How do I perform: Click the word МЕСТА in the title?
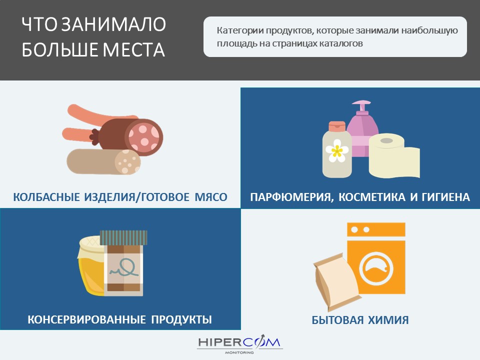click(x=134, y=49)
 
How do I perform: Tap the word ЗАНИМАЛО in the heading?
click(x=113, y=24)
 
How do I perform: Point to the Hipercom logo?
click(x=239, y=344)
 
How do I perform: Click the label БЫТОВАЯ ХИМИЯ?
click(x=360, y=320)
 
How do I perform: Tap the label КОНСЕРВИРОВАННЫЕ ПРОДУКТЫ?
click(x=119, y=319)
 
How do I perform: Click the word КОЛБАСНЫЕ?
click(x=46, y=197)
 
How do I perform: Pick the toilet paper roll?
click(x=393, y=155)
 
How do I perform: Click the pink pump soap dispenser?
click(x=362, y=128)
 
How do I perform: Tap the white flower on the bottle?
click(x=336, y=150)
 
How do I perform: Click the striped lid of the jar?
click(x=123, y=237)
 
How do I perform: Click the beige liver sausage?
click(x=103, y=161)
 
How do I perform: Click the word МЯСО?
click(x=211, y=197)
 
